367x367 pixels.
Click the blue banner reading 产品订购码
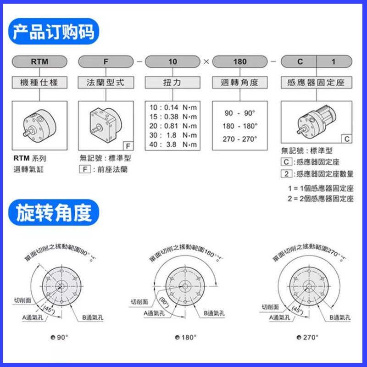pyautogui.click(x=54, y=32)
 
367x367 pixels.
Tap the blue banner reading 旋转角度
pyautogui.click(x=54, y=212)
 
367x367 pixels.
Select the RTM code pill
pyautogui.click(x=39, y=61)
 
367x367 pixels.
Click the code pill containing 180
pyautogui.click(x=239, y=61)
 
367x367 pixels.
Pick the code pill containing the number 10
pyautogui.click(x=172, y=61)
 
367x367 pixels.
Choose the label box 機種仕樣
pyautogui.click(x=39, y=83)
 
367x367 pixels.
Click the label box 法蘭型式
pyautogui.click(x=106, y=83)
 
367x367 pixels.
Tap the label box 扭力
pyautogui.click(x=172, y=83)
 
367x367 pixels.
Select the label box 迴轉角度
pyautogui.click(x=239, y=83)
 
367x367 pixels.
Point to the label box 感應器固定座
pyautogui.click(x=316, y=83)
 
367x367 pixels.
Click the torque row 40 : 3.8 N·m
pyautogui.click(x=173, y=145)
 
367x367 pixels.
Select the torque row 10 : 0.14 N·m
pyautogui.click(x=173, y=107)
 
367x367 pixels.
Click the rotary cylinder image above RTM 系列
pyautogui.click(x=39, y=125)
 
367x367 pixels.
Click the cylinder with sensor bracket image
pyautogui.click(x=316, y=122)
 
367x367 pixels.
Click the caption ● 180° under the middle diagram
pyautogui.click(x=185, y=337)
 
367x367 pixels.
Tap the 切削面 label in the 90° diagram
pyautogui.click(x=22, y=300)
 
